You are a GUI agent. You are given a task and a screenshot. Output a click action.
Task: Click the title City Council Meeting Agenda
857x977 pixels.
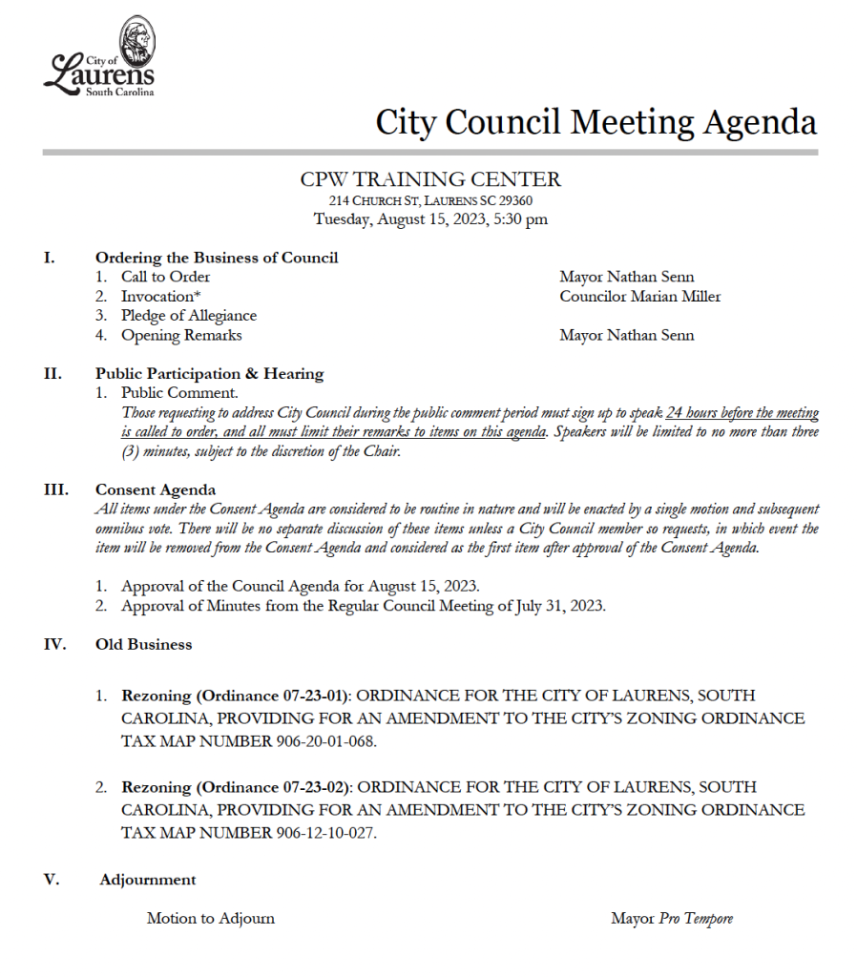coord(596,122)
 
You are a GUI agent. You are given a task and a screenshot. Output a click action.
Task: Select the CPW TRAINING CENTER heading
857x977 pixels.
coord(430,179)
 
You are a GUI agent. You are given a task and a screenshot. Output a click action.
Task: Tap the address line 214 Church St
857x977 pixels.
coord(430,201)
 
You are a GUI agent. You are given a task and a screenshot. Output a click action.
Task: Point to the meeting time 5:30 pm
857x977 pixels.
coord(521,219)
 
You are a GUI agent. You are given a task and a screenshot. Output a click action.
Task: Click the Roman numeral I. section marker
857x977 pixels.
coord(50,258)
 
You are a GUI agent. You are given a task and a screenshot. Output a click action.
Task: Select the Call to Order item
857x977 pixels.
coord(165,277)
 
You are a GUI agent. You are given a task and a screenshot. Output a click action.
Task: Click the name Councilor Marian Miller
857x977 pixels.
coord(640,297)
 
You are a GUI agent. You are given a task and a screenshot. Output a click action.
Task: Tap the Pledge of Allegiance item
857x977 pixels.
coord(188,316)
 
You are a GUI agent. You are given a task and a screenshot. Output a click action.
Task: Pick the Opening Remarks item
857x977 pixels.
coord(180,335)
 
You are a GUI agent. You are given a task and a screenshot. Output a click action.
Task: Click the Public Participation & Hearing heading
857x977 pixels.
coord(209,374)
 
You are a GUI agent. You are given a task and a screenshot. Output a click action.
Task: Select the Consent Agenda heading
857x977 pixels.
coord(156,490)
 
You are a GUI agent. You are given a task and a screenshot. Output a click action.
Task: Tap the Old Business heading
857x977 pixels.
coord(143,645)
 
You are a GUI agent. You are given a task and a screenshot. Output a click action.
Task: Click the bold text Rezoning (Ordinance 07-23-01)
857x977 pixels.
coord(237,696)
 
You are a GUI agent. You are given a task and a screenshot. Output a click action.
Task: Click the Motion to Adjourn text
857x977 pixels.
coord(210,919)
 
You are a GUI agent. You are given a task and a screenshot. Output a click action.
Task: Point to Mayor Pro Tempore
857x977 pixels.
coord(672,919)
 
